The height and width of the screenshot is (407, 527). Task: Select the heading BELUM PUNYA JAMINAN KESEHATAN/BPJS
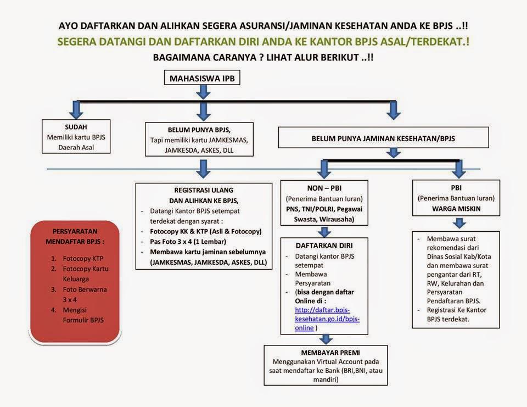pyautogui.click(x=383, y=139)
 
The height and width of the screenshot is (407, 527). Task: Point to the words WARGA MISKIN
pyautogui.click(x=456, y=209)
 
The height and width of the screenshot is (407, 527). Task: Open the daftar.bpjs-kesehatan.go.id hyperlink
pyautogui.click(x=327, y=319)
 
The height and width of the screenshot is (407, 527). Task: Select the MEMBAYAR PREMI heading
pyautogui.click(x=326, y=352)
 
